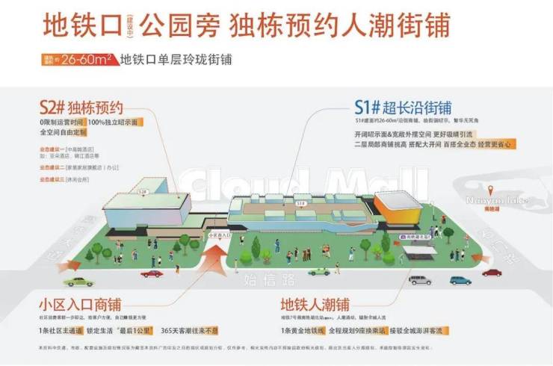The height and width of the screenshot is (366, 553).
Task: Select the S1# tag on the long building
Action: [x=300, y=202]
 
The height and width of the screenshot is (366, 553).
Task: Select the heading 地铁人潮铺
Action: [x=315, y=305]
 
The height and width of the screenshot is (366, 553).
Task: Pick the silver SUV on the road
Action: [x=419, y=280]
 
